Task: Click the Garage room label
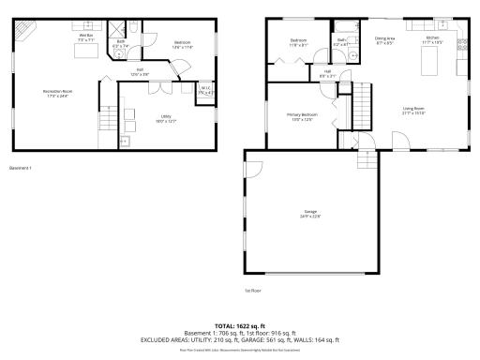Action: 311,214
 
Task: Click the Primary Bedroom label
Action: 300,116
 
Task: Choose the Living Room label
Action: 415,111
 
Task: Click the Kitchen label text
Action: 432,39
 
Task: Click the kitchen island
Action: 432,62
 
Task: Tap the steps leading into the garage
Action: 369,142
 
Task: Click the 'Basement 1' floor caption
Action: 21,168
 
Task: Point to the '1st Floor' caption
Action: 251,290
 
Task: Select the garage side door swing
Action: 251,172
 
